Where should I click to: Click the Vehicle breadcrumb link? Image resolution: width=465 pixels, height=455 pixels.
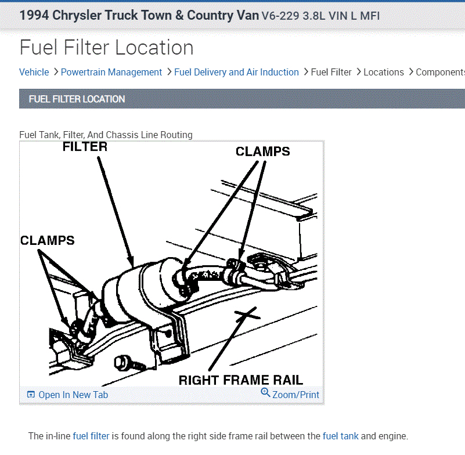pos(34,72)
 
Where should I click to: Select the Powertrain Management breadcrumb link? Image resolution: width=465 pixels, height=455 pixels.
pos(111,72)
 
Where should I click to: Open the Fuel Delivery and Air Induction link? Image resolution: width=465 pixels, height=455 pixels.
pos(236,72)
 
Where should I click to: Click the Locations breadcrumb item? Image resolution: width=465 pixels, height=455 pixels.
pos(383,72)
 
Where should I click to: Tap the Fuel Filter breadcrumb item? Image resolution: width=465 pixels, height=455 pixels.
pos(331,72)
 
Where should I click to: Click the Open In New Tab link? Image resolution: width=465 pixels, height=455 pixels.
pos(73,395)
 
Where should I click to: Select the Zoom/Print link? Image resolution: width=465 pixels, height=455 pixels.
pos(295,395)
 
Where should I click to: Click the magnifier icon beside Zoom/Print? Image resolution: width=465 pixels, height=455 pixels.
pos(265,393)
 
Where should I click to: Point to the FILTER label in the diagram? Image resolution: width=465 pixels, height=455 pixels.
pos(85,147)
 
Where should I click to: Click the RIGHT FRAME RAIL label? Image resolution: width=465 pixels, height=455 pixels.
pos(240,381)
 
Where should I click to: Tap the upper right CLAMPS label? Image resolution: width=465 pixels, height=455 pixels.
pos(262,151)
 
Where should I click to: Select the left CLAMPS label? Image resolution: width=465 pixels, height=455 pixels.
pos(48,240)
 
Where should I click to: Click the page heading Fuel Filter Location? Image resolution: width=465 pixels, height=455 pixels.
pos(106,47)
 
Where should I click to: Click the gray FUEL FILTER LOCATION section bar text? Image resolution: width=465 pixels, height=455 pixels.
pos(77,99)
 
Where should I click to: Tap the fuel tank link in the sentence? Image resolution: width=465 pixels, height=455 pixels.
pos(340,436)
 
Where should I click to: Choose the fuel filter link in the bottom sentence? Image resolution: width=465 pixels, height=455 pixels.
pos(91,436)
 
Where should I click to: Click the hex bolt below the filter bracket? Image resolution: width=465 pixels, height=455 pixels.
pos(123,363)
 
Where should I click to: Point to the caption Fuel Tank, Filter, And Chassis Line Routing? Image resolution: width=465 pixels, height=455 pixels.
pos(106,135)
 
